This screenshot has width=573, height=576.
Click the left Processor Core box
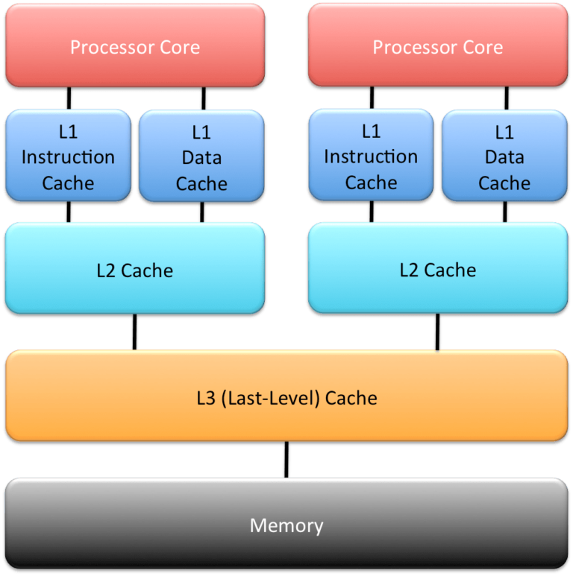pyautogui.click(x=135, y=45)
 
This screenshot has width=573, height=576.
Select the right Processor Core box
pyautogui.click(x=437, y=45)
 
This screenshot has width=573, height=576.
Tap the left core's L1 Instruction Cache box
pyautogui.click(x=68, y=155)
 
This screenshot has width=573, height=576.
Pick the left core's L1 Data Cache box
pyautogui.click(x=201, y=156)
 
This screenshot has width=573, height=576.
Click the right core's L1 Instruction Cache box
pyautogui.click(x=371, y=154)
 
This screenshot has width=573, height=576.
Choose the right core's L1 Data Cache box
pyautogui.click(x=504, y=156)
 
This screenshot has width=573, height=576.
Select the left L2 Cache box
pyautogui.click(x=135, y=268)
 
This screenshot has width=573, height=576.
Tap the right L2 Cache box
pyautogui.click(x=437, y=268)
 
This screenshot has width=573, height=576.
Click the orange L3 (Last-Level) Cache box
pyautogui.click(x=286, y=396)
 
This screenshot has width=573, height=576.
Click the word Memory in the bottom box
pyautogui.click(x=286, y=525)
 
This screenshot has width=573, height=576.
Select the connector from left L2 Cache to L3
pyautogui.click(x=135, y=332)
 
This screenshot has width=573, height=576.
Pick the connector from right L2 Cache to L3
pyautogui.click(x=438, y=332)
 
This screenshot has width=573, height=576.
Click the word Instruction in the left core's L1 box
pyautogui.click(x=68, y=157)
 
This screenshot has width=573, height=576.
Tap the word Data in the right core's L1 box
pyautogui.click(x=504, y=157)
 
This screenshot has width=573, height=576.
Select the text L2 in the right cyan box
pyautogui.click(x=409, y=270)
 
